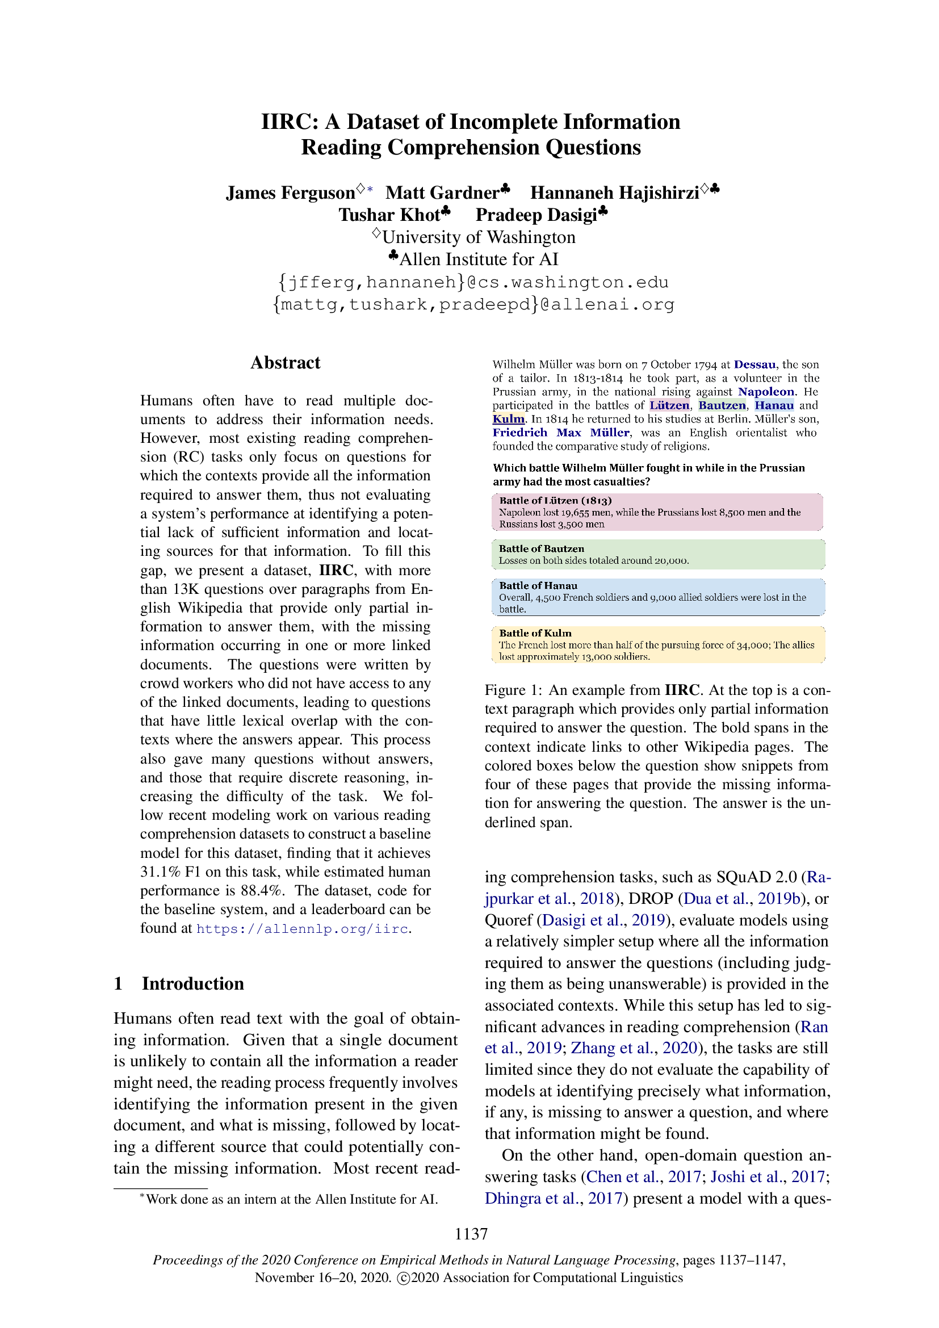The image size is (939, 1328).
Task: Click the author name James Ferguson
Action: (290, 192)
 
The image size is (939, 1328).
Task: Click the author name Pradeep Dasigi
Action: (536, 215)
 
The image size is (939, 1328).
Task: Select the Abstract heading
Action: (285, 363)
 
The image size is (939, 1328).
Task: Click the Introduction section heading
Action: (192, 983)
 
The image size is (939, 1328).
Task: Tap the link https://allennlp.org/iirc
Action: (303, 929)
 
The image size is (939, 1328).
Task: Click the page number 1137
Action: (471, 1234)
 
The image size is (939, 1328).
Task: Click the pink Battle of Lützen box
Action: (657, 513)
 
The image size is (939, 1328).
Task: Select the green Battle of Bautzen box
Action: (657, 555)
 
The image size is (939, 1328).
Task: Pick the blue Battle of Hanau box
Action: (657, 597)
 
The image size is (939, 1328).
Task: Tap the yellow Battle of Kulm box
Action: (657, 644)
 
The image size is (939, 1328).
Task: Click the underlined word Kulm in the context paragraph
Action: (508, 419)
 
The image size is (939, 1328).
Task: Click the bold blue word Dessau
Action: (754, 365)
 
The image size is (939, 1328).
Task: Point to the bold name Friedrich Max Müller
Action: (560, 433)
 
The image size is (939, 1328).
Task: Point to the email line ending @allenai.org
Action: (473, 304)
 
